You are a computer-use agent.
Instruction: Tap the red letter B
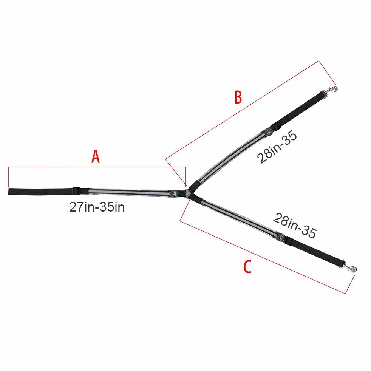238,97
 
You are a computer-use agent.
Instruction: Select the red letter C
247,267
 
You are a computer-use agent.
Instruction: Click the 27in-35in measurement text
97,207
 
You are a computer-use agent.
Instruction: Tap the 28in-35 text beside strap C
295,225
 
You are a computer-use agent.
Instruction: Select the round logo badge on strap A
174,193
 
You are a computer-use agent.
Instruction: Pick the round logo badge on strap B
268,132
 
